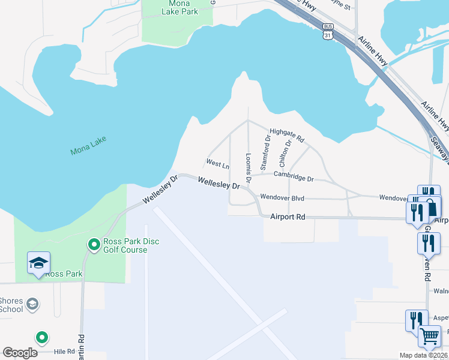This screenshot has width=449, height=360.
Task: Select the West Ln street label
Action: pos(217,164)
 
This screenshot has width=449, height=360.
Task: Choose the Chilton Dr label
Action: pos(285,152)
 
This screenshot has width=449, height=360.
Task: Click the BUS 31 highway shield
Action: pos(328,31)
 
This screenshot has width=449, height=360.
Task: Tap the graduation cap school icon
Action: pos(38,263)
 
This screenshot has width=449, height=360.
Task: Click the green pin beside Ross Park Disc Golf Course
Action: pos(94,244)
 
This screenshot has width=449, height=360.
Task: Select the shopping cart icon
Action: pos(430,337)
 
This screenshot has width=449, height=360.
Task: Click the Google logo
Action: pos(20,353)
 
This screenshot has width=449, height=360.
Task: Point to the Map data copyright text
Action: pos(424,355)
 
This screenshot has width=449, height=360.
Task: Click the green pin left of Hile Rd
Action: pos(41,338)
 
